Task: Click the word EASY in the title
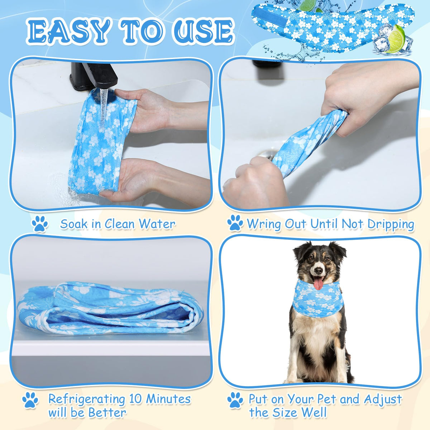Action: [x=68, y=31]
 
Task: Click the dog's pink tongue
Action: [x=318, y=283]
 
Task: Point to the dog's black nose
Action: [x=319, y=270]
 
